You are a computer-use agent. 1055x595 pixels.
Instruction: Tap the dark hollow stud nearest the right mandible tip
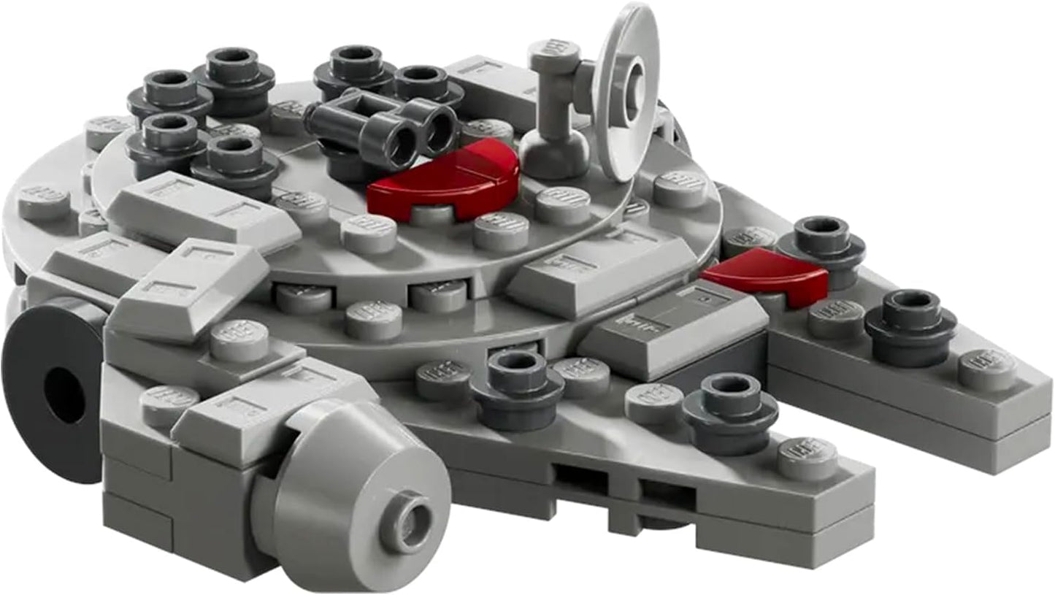(x=910, y=321)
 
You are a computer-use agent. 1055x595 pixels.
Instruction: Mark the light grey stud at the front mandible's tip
(x=807, y=457)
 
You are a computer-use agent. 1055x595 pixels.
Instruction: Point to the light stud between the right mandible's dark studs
(x=836, y=318)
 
